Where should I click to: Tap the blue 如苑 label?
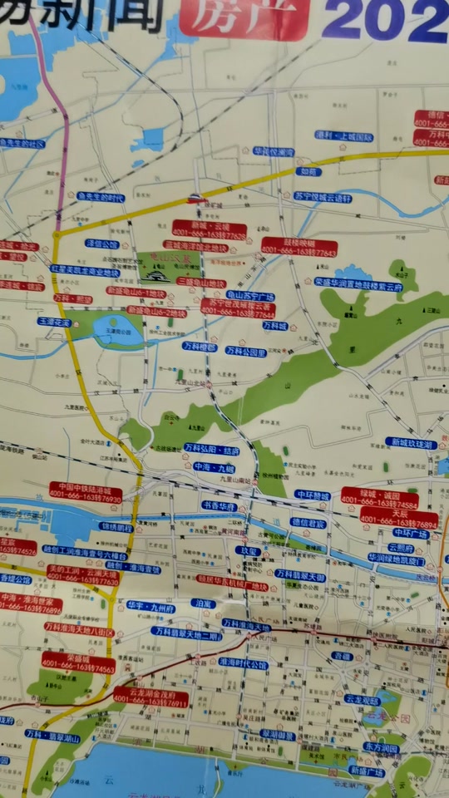[308, 171]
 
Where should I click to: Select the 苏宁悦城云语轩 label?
[323, 198]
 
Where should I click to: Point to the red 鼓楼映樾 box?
[299, 246]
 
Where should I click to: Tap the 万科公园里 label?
[246, 352]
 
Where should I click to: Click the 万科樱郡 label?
[200, 347]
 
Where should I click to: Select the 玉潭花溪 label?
[53, 321]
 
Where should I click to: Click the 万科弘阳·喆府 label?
[211, 450]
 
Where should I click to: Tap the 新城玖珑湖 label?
[410, 444]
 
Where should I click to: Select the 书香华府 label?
[218, 505]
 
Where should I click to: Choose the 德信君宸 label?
[308, 523]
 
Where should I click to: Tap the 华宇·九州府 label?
[151, 608]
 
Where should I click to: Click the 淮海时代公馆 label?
[243, 665]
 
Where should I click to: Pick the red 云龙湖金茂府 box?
[150, 697]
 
